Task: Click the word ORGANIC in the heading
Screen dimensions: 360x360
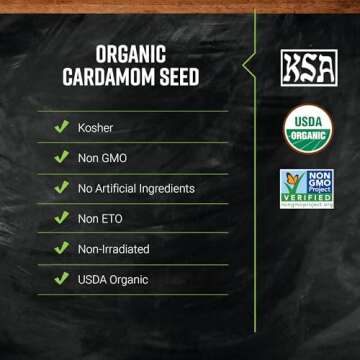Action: click(x=130, y=54)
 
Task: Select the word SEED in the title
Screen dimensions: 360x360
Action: click(x=175, y=77)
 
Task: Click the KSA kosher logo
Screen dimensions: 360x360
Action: click(x=307, y=67)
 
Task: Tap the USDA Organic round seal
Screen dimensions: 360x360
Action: click(x=307, y=129)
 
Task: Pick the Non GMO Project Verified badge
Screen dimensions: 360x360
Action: click(x=307, y=188)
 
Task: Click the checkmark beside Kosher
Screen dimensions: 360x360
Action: click(x=61, y=128)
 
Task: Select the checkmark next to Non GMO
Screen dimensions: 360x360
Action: click(x=61, y=158)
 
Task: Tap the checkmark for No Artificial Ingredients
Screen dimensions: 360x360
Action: click(x=61, y=188)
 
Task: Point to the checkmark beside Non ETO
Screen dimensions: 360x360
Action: click(x=61, y=218)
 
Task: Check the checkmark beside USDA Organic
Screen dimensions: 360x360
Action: click(x=61, y=279)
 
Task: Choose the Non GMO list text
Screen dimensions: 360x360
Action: click(x=103, y=158)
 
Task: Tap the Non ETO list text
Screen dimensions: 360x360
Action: click(x=101, y=218)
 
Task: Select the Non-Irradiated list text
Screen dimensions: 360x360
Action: click(x=113, y=249)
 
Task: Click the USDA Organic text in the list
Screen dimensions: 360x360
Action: click(x=113, y=279)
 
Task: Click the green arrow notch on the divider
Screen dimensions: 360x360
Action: click(x=250, y=65)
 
